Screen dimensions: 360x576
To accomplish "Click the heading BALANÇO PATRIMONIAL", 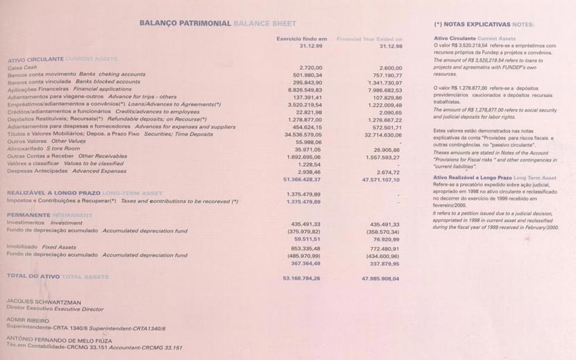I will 185,23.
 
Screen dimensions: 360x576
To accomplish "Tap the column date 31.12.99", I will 311,46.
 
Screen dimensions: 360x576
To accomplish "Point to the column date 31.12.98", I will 391,46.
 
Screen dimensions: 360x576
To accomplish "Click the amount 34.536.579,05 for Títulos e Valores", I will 303,134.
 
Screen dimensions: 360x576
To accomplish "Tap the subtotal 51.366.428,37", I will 302,179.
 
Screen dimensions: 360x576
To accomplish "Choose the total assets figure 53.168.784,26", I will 301,277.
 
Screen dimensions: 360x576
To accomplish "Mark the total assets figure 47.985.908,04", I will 380,278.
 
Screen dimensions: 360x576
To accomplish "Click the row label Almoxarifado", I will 25,148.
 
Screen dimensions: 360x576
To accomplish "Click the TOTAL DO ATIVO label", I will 33,276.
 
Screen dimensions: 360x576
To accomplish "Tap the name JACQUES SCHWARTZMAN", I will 44,302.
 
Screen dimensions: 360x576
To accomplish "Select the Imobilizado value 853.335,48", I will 305,248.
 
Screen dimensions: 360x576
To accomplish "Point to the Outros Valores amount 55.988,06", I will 308,142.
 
